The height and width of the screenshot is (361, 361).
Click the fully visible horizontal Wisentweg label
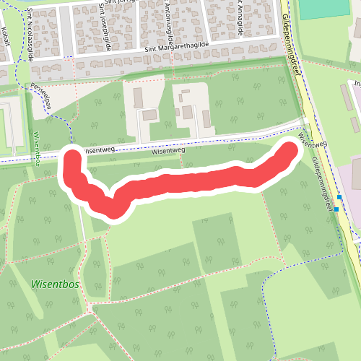coord(169,152)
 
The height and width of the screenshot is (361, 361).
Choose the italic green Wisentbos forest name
coord(56,284)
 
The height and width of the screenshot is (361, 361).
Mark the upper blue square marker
coord(339,196)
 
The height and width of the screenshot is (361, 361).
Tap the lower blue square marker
coord(336,209)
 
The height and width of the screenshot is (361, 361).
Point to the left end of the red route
coord(72,157)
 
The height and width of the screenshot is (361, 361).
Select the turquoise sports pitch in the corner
coord(324,9)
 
